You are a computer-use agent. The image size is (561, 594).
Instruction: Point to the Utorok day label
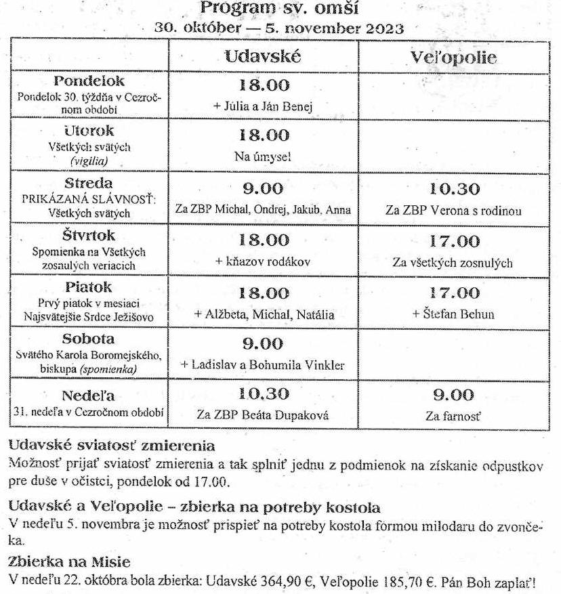click(89, 131)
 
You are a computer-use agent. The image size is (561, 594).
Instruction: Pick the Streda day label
click(89, 183)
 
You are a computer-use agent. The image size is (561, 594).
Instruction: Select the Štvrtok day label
click(89, 236)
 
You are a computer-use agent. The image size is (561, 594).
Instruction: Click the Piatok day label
click(89, 287)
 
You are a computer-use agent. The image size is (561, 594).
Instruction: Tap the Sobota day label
click(89, 339)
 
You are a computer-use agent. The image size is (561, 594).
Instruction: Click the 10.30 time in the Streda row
click(454, 189)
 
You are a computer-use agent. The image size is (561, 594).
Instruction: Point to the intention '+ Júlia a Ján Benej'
click(262, 106)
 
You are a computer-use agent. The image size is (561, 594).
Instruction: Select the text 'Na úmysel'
click(262, 156)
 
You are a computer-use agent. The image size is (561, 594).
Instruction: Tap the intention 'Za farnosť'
click(453, 416)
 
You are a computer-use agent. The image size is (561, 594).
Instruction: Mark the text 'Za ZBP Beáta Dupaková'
click(262, 415)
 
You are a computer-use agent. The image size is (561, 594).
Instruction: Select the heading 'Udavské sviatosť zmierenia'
click(112, 446)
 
